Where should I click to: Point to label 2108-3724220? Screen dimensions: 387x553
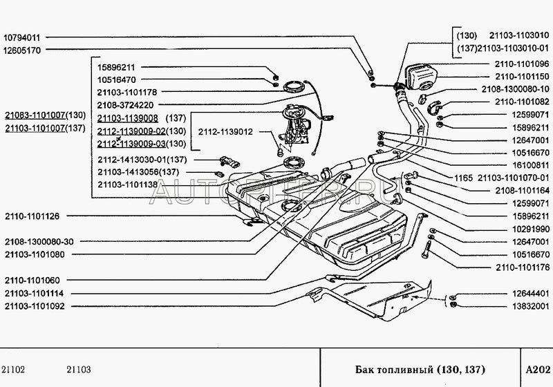[125, 106]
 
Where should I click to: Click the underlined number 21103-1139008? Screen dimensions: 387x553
[126, 118]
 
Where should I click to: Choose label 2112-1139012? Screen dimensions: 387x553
[225, 131]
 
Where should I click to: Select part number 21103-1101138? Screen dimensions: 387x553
[126, 185]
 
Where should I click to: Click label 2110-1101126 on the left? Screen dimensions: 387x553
[32, 216]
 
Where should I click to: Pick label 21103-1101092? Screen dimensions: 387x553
[35, 306]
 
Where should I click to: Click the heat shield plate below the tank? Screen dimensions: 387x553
[387, 297]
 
